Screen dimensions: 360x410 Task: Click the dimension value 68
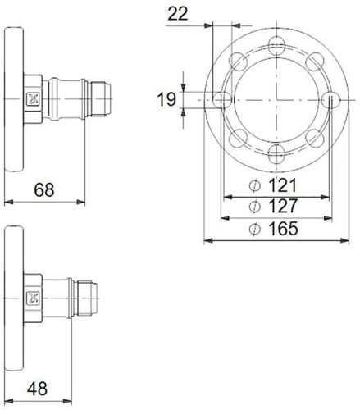(x=44, y=189)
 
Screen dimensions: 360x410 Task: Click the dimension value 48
(x=37, y=389)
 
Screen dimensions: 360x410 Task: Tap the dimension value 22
(x=178, y=14)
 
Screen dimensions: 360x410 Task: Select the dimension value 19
(x=166, y=99)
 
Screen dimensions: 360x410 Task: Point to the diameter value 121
(x=283, y=185)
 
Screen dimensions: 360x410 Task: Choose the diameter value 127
(x=283, y=206)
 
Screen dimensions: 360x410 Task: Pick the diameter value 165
(x=283, y=229)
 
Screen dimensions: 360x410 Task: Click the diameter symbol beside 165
(x=255, y=229)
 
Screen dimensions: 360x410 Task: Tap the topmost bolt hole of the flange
(x=276, y=45)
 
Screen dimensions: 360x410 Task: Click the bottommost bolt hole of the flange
(x=276, y=154)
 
